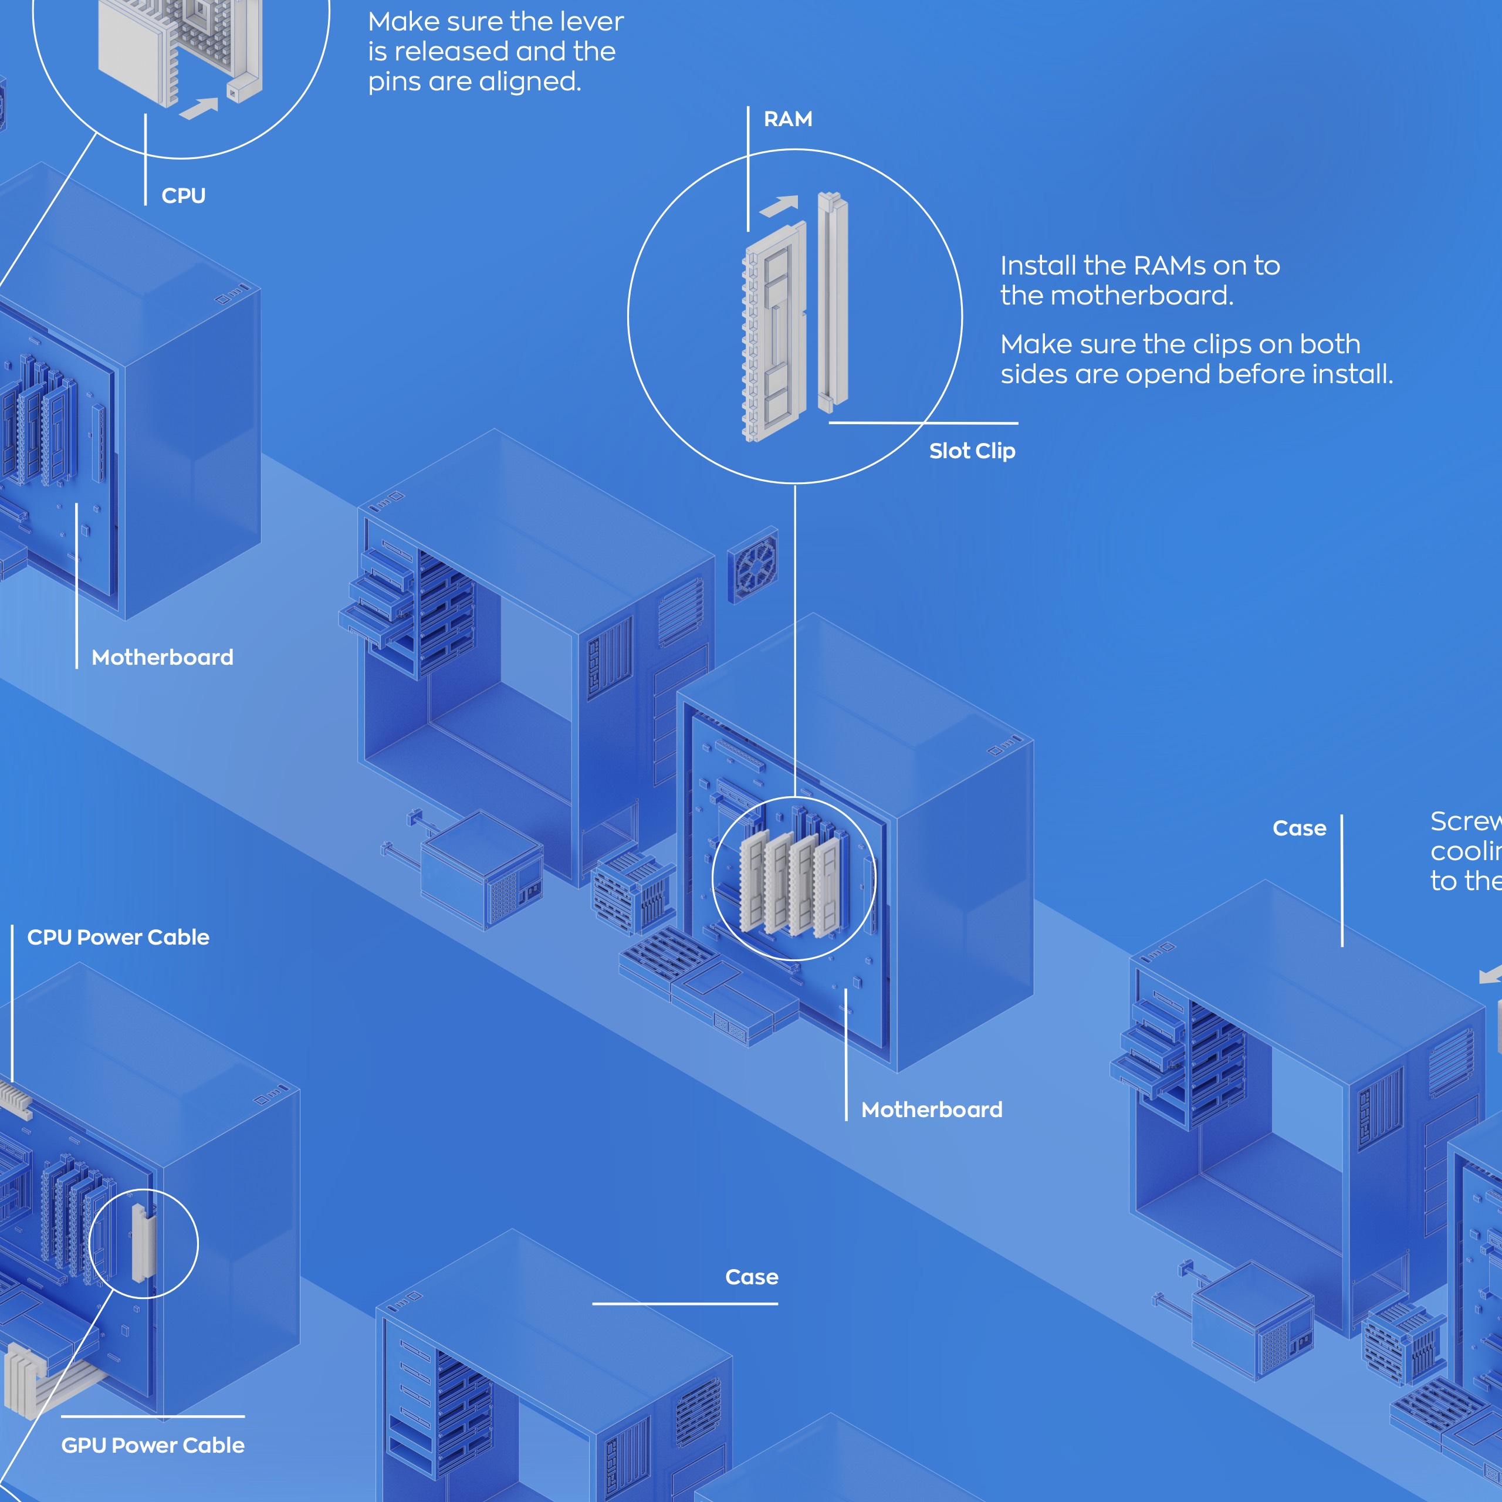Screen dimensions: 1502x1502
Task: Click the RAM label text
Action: pyautogui.click(x=787, y=119)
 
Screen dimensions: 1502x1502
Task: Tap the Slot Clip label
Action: pyautogui.click(x=972, y=451)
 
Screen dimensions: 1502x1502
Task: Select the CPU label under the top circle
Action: pyautogui.click(x=184, y=195)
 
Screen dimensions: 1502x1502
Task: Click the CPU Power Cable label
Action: pyautogui.click(x=118, y=937)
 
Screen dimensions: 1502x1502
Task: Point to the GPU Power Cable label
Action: pyautogui.click(x=153, y=1445)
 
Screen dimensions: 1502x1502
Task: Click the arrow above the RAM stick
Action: pyautogui.click(x=779, y=206)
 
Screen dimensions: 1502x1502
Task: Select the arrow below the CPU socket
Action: pyautogui.click(x=198, y=108)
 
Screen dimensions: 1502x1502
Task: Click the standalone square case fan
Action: pyautogui.click(x=753, y=565)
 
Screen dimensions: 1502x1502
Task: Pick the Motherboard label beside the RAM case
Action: pyautogui.click(x=931, y=1109)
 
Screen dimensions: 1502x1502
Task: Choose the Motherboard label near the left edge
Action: pyautogui.click(x=162, y=657)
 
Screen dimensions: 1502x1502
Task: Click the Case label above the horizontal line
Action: pyautogui.click(x=751, y=1277)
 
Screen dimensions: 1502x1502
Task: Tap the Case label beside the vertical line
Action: pyautogui.click(x=1299, y=828)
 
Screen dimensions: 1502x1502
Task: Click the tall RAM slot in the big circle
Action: pyautogui.click(x=832, y=303)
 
